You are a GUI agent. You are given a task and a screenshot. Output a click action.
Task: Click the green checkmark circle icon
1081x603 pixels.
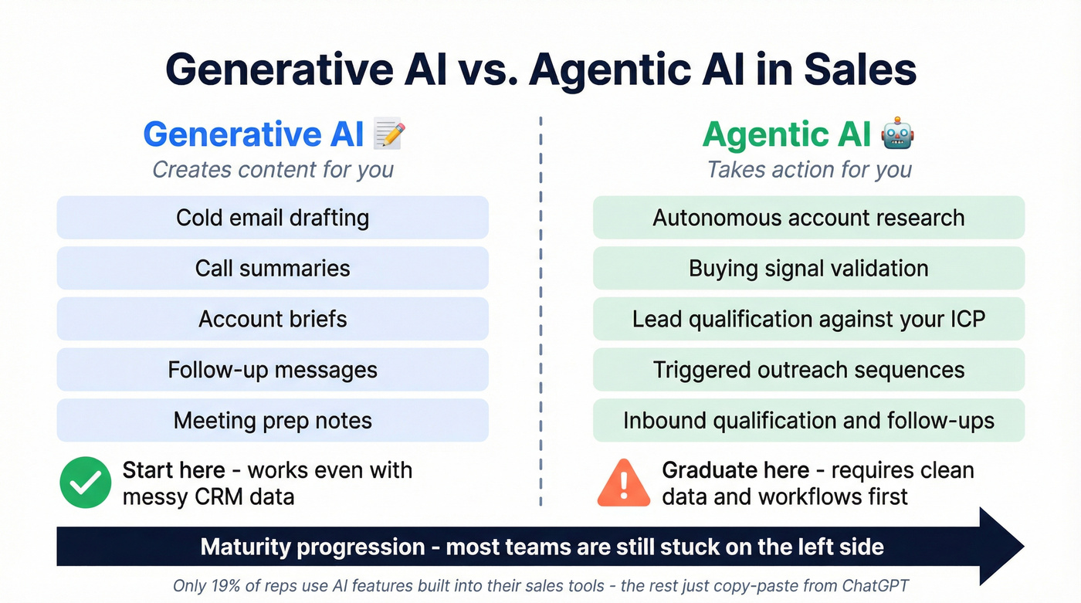coord(85,482)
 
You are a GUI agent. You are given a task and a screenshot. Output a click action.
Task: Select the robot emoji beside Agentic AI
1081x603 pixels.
coord(897,134)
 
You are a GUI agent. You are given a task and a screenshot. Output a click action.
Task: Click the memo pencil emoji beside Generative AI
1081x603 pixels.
coord(389,134)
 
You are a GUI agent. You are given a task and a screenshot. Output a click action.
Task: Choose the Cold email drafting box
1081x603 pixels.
coord(273,218)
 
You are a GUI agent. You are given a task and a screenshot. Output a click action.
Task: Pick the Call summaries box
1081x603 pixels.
coord(273,268)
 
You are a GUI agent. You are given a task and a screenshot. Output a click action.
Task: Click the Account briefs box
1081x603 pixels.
coord(273,319)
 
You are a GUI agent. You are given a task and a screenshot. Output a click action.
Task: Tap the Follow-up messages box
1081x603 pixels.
coord(273,370)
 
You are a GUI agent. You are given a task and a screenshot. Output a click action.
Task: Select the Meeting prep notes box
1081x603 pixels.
coord(273,421)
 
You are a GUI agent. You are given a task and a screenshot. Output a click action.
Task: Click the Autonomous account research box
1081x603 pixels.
coord(808,218)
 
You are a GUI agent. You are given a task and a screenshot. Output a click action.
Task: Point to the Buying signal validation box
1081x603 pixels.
coord(808,268)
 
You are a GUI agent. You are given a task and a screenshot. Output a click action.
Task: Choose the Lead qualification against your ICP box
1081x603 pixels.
coord(808,319)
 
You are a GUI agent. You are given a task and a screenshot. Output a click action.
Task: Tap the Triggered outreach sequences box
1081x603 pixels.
coord(808,370)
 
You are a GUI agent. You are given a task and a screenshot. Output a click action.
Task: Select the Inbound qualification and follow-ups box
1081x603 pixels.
coord(808,421)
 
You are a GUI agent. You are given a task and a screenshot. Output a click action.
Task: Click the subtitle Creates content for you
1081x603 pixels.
coord(273,169)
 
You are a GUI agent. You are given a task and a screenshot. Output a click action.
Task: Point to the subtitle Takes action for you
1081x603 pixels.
coord(808,169)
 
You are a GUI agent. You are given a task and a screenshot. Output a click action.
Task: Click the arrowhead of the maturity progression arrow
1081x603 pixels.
coord(1001,547)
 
